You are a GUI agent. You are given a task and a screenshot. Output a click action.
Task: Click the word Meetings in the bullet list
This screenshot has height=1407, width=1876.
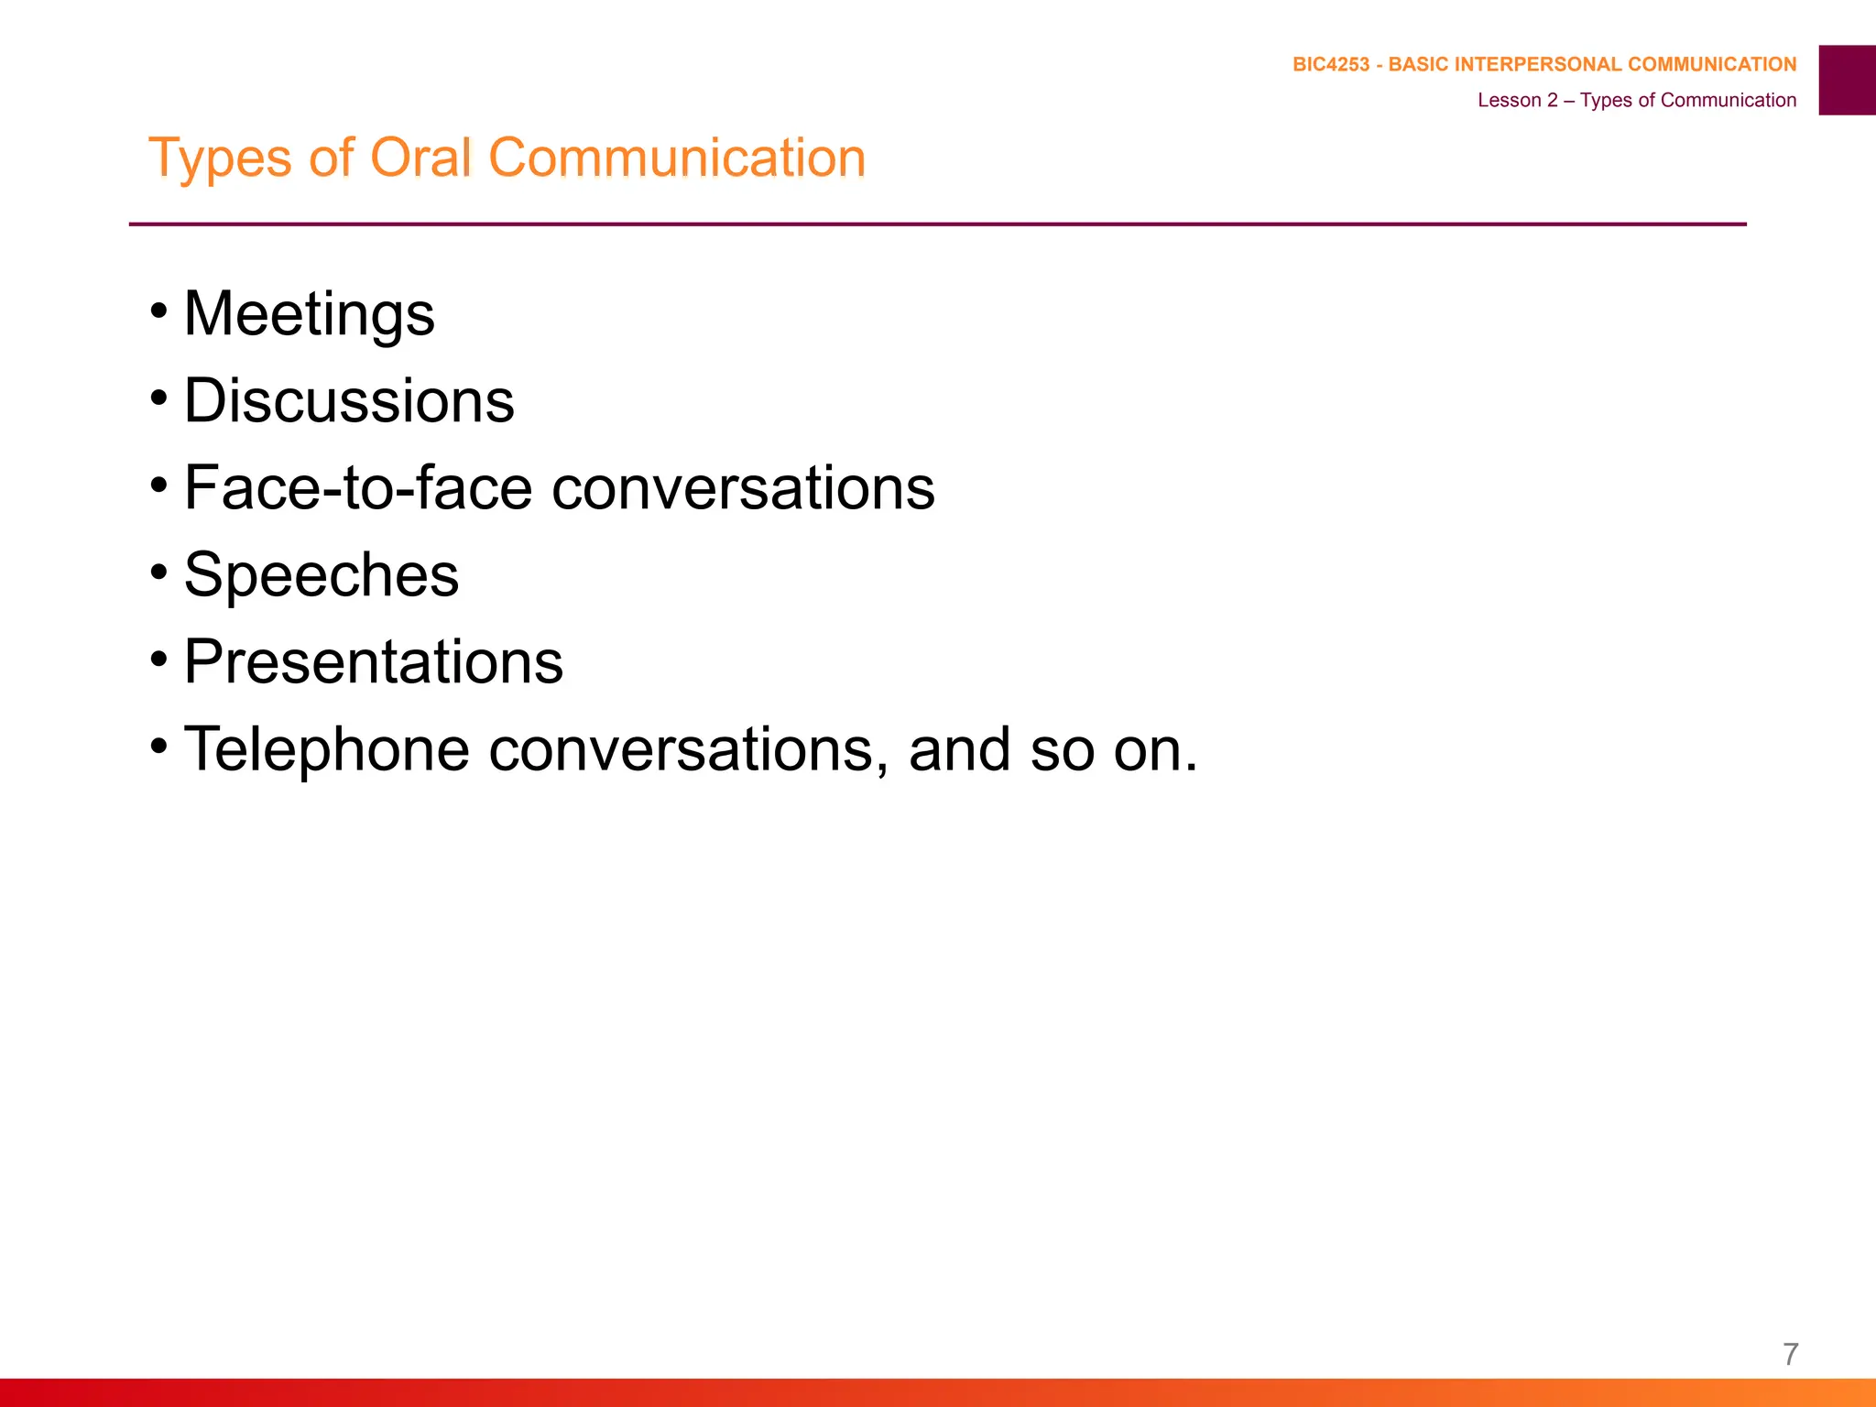[x=309, y=314]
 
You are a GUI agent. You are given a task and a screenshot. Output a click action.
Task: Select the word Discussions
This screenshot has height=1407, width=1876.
[x=349, y=401]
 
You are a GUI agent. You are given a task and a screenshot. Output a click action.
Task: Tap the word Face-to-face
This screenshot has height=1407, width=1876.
[x=358, y=487]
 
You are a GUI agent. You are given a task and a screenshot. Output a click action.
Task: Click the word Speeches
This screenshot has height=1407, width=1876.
[x=321, y=575]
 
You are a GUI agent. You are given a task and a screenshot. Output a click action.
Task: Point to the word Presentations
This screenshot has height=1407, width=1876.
[x=373, y=661]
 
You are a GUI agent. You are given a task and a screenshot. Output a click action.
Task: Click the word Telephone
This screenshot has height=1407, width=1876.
[x=327, y=749]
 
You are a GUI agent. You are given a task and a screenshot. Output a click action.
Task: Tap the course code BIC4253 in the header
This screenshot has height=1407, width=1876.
[x=1330, y=65]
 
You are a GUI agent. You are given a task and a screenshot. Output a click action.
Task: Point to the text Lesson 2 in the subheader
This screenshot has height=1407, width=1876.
[x=1517, y=101]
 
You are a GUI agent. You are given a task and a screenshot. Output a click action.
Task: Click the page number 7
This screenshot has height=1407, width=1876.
[x=1791, y=1354]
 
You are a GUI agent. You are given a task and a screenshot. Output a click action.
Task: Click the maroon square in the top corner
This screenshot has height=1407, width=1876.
[x=1847, y=80]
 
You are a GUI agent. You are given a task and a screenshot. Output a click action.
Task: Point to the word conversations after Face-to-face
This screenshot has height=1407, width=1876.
[x=743, y=487]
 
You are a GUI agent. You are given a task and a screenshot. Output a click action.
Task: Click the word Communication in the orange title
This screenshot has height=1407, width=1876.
[x=677, y=158]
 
